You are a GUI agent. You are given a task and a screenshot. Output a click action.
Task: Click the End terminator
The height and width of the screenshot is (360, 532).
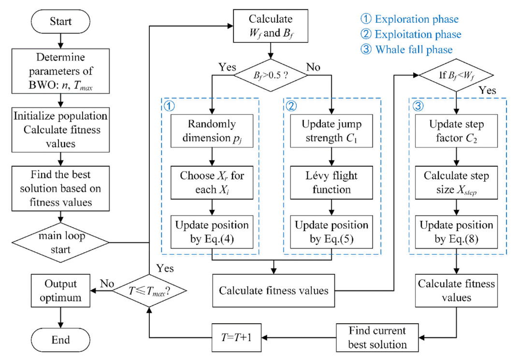[60, 339]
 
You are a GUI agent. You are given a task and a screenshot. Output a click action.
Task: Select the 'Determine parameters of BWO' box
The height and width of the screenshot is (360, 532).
[60, 72]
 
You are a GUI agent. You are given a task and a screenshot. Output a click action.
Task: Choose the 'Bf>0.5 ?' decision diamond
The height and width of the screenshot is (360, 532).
[271, 75]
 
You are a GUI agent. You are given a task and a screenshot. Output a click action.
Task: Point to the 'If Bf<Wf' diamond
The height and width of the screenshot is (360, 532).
[456, 75]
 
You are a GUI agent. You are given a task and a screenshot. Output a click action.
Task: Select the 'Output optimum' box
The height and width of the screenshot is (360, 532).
[60, 290]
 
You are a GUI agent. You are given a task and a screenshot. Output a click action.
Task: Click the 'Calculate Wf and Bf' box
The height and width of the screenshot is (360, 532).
[271, 27]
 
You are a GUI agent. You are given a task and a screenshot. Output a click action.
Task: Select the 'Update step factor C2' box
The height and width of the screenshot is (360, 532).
[456, 130]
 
